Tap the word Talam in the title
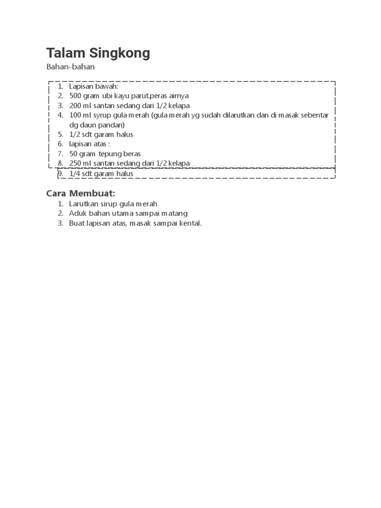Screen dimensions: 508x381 click(66, 53)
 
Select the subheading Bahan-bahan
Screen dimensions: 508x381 click(70, 66)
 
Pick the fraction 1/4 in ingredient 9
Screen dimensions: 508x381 click(75, 174)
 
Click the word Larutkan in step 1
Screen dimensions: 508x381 click(84, 204)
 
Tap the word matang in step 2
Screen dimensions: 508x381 click(177, 214)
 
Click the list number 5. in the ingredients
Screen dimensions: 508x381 click(61, 134)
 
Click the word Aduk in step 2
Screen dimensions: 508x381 click(77, 214)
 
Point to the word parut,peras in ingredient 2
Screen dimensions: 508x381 click(148, 96)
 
